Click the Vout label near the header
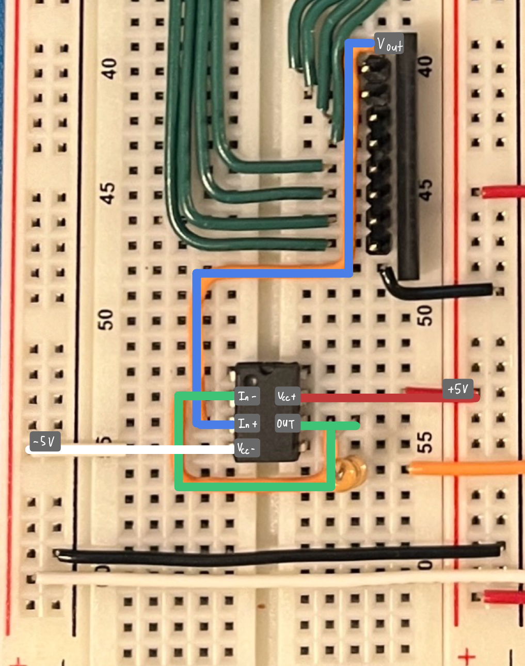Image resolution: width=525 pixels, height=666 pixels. coord(389,45)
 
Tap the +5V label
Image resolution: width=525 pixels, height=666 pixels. coord(458,389)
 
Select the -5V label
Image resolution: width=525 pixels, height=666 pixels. coord(45,442)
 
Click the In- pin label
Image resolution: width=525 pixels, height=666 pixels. coord(247,397)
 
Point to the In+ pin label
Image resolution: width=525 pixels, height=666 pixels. coord(247,424)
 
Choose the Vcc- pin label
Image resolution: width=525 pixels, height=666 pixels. coord(246,449)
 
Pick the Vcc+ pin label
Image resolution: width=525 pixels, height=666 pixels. coord(287,397)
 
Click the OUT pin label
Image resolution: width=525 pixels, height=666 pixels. coord(287,424)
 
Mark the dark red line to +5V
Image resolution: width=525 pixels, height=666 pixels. coord(372,398)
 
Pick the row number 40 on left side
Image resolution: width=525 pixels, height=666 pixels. coord(108,68)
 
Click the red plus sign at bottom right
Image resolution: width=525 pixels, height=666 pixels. coord(467,657)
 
